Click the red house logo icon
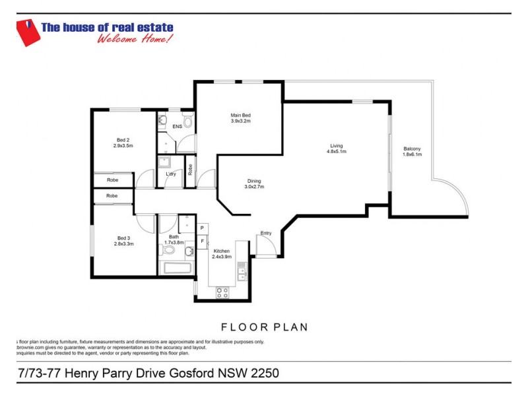click(x=26, y=33)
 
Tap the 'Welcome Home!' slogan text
click(x=135, y=39)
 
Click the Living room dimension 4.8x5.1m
click(x=337, y=151)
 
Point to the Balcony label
click(x=412, y=148)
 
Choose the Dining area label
click(x=254, y=181)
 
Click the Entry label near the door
click(x=266, y=233)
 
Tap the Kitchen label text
click(x=221, y=251)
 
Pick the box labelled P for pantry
click(x=202, y=228)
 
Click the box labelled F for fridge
click(x=202, y=241)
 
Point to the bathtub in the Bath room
click(x=176, y=269)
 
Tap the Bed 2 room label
click(x=123, y=140)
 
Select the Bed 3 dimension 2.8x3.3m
click(x=123, y=244)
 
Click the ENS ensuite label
click(x=178, y=126)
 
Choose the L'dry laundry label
click(x=170, y=174)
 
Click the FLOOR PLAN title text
click(x=264, y=327)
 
